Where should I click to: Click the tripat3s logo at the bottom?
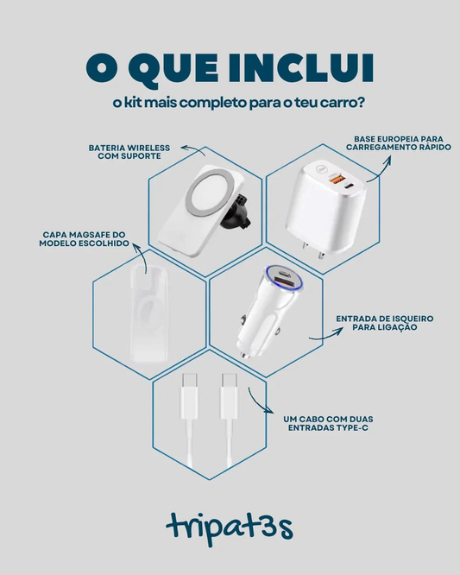(x=230, y=528)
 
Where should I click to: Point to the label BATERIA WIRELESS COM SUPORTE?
(x=129, y=152)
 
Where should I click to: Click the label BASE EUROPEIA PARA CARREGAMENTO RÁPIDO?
(x=399, y=143)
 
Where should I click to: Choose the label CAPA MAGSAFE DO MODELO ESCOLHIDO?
(x=84, y=239)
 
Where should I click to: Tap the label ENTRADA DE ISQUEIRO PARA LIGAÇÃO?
(x=385, y=323)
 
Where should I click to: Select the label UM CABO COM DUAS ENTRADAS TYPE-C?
(x=328, y=423)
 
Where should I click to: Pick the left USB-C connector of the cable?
(x=189, y=396)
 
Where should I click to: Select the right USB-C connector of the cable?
(x=229, y=396)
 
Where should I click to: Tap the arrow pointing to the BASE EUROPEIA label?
(x=381, y=167)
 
